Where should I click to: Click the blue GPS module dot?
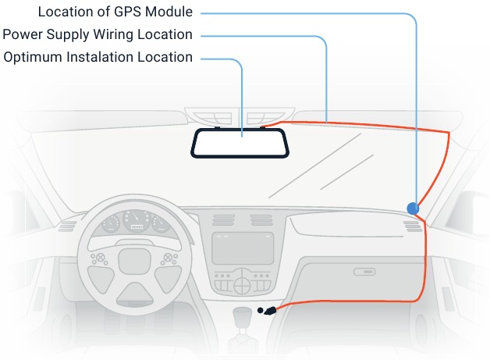pos(413,209)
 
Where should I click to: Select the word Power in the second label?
pos(23,34)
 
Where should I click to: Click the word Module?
pos(169,12)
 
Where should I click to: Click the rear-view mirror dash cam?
pos(240,143)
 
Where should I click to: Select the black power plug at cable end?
pos(270,311)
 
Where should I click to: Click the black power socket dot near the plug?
pos(261,310)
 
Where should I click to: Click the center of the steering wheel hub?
pos(134,262)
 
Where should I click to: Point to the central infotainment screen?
pos(243,248)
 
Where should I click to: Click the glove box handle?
pos(364,272)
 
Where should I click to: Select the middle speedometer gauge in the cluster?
pos(137,221)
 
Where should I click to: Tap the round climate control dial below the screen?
pos(242,285)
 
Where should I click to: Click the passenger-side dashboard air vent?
pos(413,226)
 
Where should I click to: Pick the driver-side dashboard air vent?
pos(66,226)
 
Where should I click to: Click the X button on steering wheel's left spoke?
pos(100,258)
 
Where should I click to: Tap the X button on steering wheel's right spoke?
pos(168,258)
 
